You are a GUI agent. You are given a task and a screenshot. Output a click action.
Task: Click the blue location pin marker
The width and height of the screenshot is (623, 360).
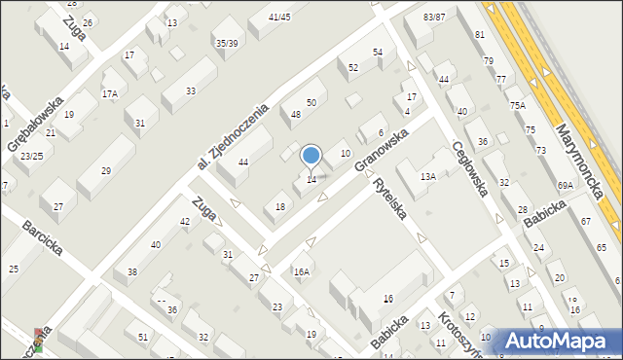[311, 156]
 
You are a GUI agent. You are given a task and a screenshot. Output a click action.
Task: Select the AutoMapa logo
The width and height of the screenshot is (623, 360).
[555, 341]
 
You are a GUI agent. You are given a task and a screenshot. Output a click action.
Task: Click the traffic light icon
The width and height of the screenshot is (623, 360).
[39, 339]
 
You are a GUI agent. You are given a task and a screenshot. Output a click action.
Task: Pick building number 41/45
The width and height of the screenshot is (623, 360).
[279, 17]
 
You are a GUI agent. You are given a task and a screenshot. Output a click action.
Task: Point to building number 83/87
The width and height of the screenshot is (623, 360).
[434, 18]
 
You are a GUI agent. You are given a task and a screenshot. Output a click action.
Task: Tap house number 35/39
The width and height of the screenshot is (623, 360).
[227, 43]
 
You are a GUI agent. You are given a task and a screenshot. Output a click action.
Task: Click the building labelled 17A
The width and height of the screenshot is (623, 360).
[110, 94]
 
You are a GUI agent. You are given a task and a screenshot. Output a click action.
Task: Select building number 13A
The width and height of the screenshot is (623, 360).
[427, 177]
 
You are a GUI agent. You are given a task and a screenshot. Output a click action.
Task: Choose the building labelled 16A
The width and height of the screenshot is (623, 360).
[302, 272]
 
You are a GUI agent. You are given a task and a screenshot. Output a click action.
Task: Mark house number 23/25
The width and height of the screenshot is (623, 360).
[31, 156]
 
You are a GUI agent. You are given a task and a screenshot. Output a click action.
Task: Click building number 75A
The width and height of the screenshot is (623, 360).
[516, 105]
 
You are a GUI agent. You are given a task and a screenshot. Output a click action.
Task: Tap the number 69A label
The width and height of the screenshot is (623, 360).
[565, 185]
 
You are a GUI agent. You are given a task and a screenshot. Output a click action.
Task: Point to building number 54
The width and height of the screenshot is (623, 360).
[378, 52]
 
